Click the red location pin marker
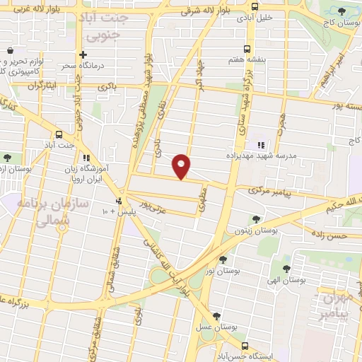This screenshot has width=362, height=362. pyautogui.click(x=182, y=166)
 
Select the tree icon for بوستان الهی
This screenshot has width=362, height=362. pyautogui.click(x=286, y=268)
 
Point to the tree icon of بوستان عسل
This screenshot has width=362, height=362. pyautogui.click(x=216, y=316)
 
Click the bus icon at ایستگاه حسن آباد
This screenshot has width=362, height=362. pyautogui.click(x=245, y=346)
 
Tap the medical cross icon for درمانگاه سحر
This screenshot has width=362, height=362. pyautogui.click(x=83, y=54)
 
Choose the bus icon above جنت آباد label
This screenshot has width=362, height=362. pyautogui.click(x=58, y=134)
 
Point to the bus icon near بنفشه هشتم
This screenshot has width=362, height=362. pyautogui.click(x=247, y=49)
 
